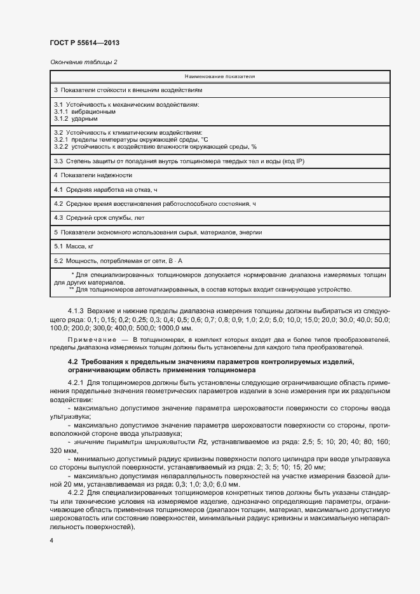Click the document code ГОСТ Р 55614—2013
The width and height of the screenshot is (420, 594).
84,43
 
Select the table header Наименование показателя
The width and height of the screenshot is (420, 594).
220,76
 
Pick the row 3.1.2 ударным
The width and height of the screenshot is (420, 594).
76,118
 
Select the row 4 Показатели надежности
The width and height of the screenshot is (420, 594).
93,175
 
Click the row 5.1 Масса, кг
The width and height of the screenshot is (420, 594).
74,246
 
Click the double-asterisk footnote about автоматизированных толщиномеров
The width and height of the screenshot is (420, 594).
210,289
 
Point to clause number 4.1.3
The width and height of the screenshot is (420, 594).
75,311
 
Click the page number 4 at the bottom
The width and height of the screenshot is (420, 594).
51,540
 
